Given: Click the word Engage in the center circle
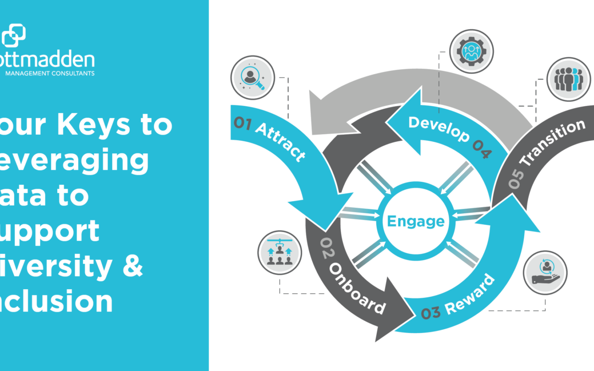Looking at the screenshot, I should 416,222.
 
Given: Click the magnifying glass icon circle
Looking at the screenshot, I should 253,77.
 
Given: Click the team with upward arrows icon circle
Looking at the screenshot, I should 279,252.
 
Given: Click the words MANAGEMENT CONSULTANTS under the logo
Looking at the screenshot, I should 50,73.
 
